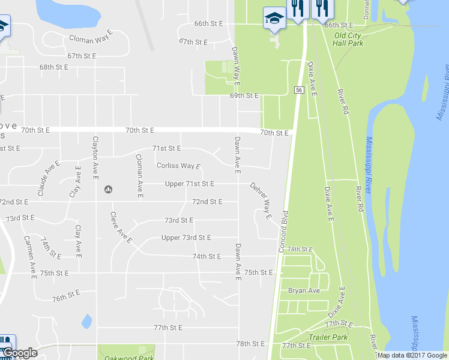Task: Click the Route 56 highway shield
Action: point(298,89)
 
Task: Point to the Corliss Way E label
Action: point(178,166)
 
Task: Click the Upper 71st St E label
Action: point(189,184)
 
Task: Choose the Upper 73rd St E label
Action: point(186,238)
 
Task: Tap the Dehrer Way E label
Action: point(261,200)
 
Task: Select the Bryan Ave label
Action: point(304,290)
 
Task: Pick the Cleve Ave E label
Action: point(121,227)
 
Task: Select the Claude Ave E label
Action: point(49,178)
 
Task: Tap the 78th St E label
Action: point(250,344)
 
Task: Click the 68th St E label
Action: point(54,67)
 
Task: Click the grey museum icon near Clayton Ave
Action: point(109,189)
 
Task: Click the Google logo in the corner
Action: point(20,353)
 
